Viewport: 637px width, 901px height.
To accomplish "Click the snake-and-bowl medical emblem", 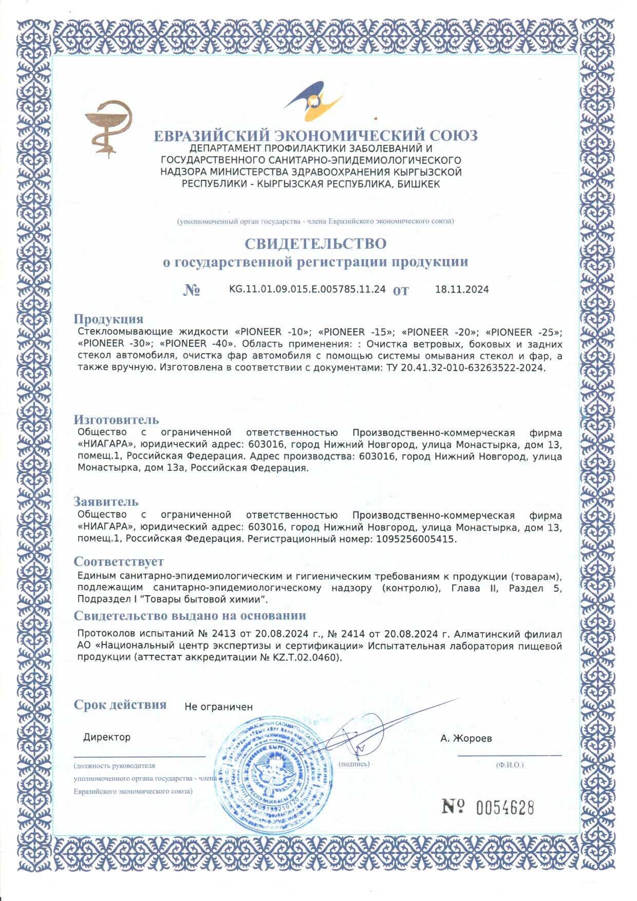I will (109, 127).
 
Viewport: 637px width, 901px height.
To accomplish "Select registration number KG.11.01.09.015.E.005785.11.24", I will (307, 289).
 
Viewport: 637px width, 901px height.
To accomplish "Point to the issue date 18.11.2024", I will (462, 289).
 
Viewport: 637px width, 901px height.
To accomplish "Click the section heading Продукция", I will (108, 319).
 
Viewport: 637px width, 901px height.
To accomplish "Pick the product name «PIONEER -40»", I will (198, 343).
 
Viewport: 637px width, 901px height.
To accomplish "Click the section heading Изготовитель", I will (116, 420).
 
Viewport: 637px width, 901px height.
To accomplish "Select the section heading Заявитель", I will (106, 501).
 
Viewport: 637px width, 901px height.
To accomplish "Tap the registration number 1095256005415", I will (416, 540).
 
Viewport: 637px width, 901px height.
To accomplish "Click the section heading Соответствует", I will (119, 561).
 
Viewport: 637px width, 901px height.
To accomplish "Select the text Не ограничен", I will (218, 707).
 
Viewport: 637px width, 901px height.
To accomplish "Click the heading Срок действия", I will (120, 704).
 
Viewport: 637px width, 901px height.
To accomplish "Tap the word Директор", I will (107, 737).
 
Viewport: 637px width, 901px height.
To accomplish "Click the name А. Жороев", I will (466, 739).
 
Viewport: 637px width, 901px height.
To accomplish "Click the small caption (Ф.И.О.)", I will (510, 765).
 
